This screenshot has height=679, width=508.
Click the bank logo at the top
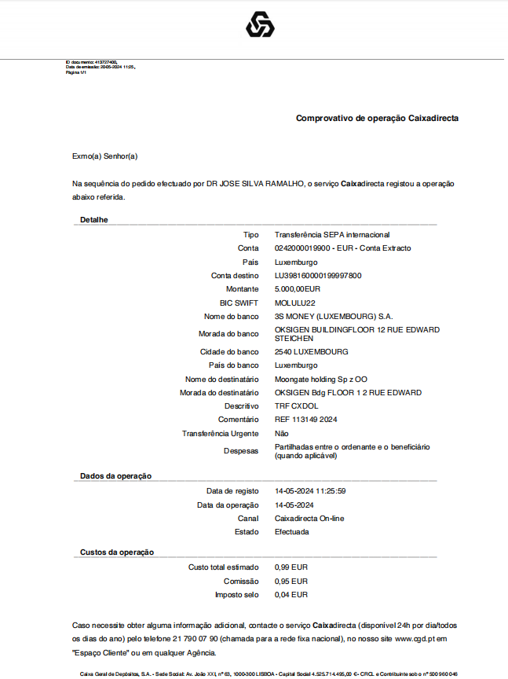[260, 25]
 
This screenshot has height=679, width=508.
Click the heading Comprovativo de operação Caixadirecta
[377, 119]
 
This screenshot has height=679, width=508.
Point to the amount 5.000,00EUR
[298, 289]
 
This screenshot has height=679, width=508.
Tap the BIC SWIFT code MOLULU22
[294, 303]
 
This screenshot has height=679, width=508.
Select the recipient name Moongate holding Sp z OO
[320, 379]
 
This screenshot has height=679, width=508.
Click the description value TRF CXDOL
[296, 406]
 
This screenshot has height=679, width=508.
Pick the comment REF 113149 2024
[305, 420]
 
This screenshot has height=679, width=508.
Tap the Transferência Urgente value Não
[281, 433]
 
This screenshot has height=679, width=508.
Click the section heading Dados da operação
[115, 476]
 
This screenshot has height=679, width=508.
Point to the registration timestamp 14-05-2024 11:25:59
[310, 491]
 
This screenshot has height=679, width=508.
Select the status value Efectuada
[291, 532]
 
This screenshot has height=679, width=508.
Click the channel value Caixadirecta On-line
[309, 519]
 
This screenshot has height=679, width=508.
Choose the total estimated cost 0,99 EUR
[291, 567]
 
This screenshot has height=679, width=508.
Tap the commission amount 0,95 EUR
[291, 581]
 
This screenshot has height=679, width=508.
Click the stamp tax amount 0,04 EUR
[291, 595]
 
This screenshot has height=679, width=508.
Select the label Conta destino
[235, 276]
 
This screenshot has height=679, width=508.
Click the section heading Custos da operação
[117, 552]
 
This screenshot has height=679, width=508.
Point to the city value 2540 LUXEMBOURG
[311, 351]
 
